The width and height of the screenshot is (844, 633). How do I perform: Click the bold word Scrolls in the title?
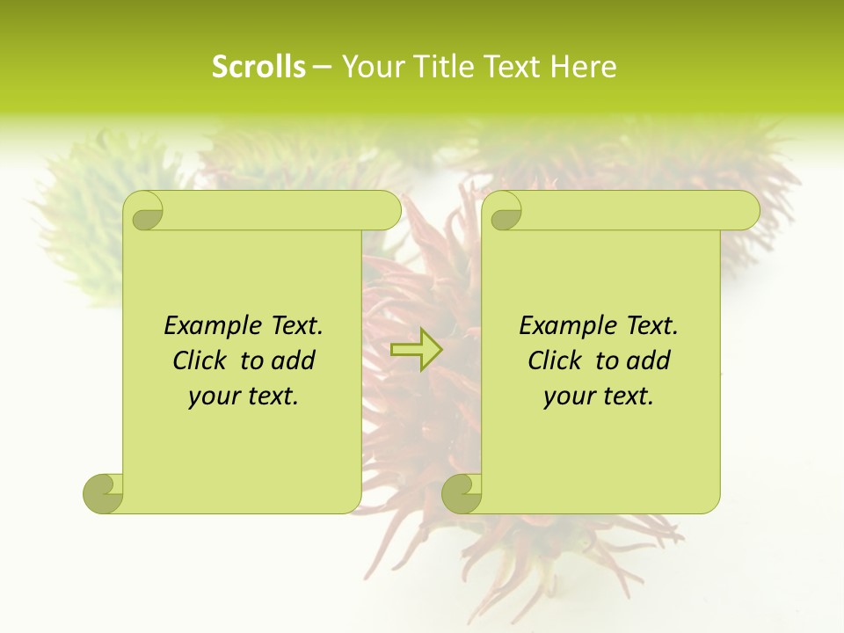(x=259, y=67)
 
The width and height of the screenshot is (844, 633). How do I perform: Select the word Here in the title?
(x=584, y=67)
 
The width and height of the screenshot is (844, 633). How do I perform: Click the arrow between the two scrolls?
(x=416, y=349)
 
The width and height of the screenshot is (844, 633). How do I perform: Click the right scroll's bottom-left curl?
(x=462, y=494)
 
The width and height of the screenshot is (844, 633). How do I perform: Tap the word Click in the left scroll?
(x=200, y=360)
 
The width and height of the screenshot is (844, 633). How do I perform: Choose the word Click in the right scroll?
(x=555, y=360)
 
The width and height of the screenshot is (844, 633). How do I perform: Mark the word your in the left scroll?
(x=215, y=397)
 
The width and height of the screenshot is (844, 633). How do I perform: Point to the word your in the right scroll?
(x=570, y=397)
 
